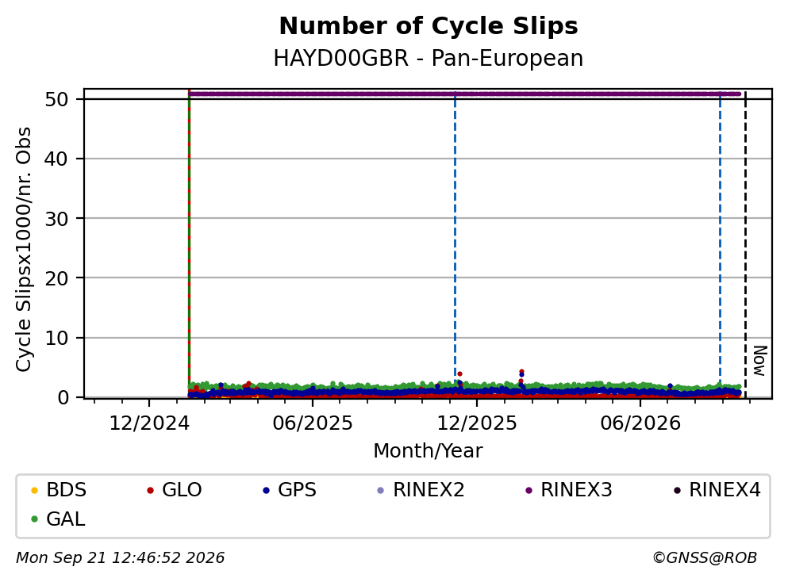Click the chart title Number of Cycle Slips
[429, 26]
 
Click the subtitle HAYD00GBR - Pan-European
[429, 58]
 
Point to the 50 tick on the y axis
[57, 99]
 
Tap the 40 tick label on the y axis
[57, 159]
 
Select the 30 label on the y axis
[57, 219]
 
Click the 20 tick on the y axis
[57, 278]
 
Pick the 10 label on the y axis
[57, 338]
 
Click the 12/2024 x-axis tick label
[149, 423]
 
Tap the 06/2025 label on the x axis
[313, 423]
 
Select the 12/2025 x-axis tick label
[476, 423]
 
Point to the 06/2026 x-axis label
[640, 423]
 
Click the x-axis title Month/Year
[429, 451]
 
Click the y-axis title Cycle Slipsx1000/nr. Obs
[23, 250]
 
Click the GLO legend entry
[174, 489]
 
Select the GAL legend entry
[58, 519]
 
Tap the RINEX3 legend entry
[568, 489]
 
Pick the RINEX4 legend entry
[717, 489]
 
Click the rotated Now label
[759, 361]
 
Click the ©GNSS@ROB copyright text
[705, 558]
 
